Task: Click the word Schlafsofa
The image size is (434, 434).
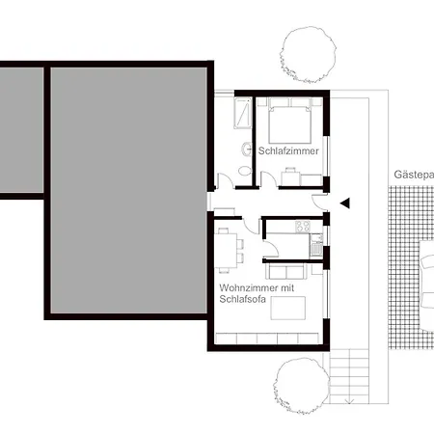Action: [x=241, y=299]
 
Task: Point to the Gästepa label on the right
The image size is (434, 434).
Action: [x=413, y=176]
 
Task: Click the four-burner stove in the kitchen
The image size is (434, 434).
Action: [x=302, y=227]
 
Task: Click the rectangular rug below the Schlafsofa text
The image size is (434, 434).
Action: [x=288, y=308]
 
